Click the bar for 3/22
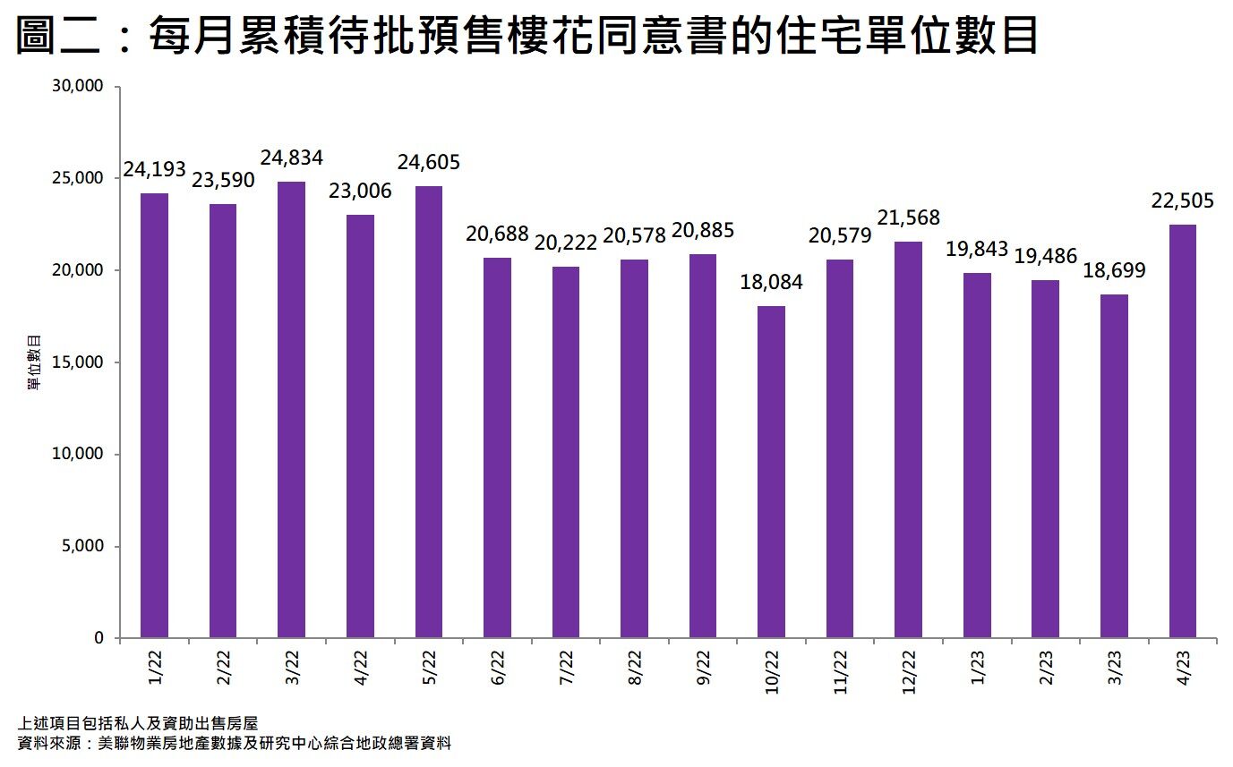click(x=291, y=410)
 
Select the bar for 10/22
click(x=772, y=472)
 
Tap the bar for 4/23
click(x=1183, y=431)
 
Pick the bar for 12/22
click(x=909, y=439)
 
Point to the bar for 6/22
click(x=497, y=447)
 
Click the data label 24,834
click(x=291, y=158)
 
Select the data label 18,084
click(x=772, y=283)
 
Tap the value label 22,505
click(x=1183, y=201)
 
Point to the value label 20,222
click(x=566, y=243)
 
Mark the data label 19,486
click(x=1046, y=256)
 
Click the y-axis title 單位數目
click(x=33, y=362)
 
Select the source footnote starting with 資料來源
click(x=234, y=744)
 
